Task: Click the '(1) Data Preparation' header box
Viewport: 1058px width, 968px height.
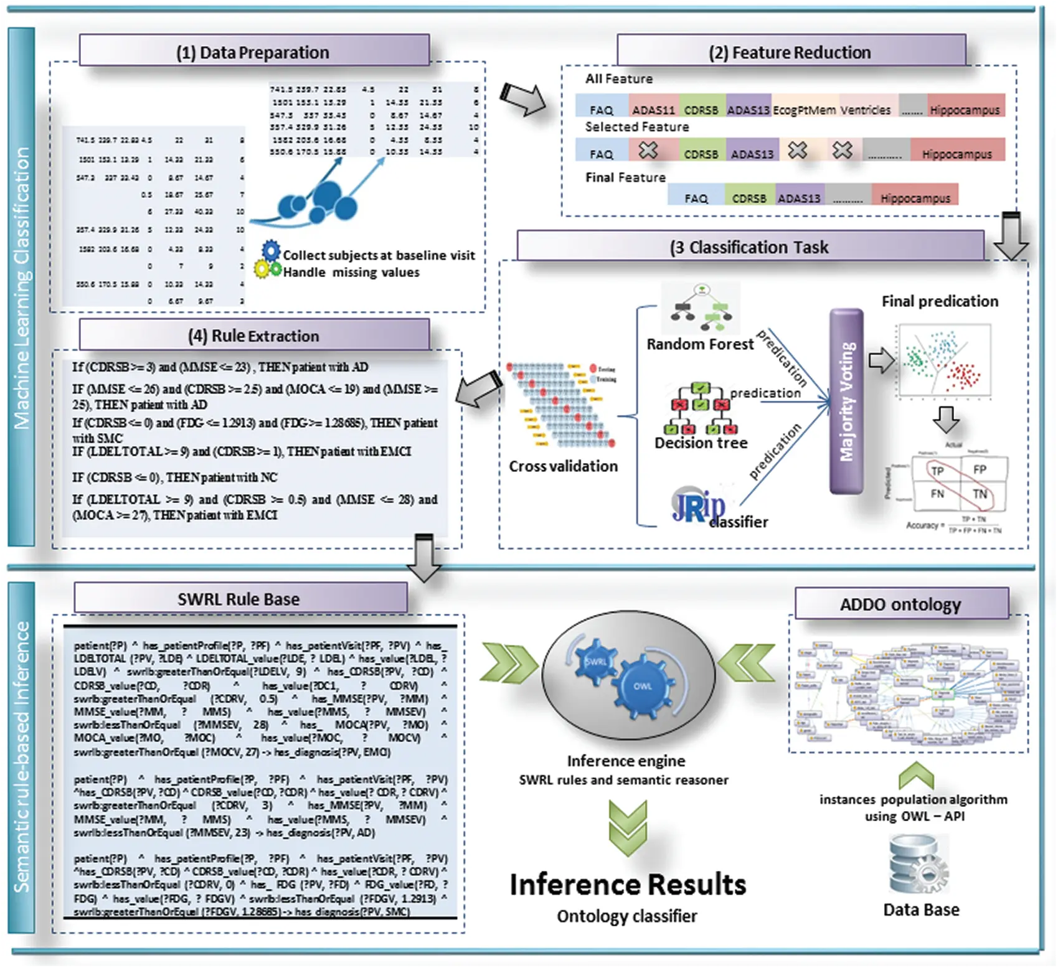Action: (x=253, y=52)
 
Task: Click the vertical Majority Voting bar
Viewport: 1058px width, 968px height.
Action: (x=846, y=402)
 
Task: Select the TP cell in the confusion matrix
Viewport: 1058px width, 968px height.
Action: (x=937, y=471)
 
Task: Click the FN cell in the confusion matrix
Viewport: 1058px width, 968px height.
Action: (x=937, y=494)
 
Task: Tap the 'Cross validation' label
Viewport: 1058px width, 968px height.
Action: (x=563, y=466)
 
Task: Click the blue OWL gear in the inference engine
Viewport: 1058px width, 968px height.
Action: (x=643, y=685)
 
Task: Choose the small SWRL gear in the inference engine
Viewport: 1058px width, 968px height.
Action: (x=595, y=661)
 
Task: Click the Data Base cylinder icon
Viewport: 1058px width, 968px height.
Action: (x=919, y=865)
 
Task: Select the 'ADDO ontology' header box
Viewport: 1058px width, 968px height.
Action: (x=900, y=604)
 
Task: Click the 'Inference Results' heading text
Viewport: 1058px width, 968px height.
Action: (x=627, y=885)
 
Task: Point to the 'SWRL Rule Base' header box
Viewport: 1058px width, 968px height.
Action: (x=240, y=599)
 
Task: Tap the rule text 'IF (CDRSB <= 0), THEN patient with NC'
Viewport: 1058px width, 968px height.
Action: (x=175, y=477)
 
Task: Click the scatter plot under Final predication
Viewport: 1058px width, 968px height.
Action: (x=944, y=361)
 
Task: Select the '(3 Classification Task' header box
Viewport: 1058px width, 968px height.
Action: (x=749, y=247)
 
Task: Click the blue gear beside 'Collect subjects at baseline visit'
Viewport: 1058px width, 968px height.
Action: (x=272, y=250)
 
